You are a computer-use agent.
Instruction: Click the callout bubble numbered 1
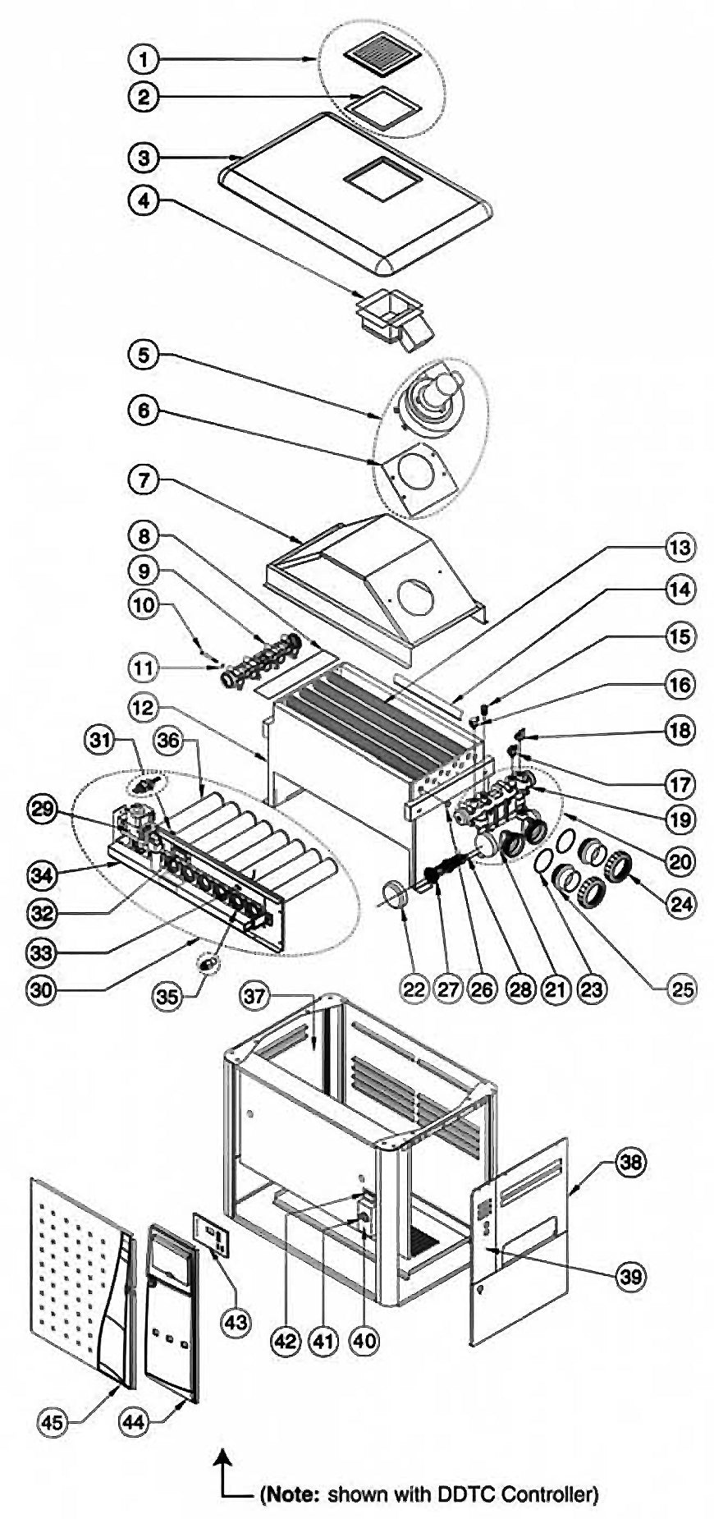(x=144, y=59)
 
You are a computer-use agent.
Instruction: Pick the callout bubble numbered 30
(x=38, y=989)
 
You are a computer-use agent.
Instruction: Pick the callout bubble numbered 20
(x=680, y=861)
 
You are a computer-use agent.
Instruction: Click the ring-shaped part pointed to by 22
(x=397, y=893)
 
